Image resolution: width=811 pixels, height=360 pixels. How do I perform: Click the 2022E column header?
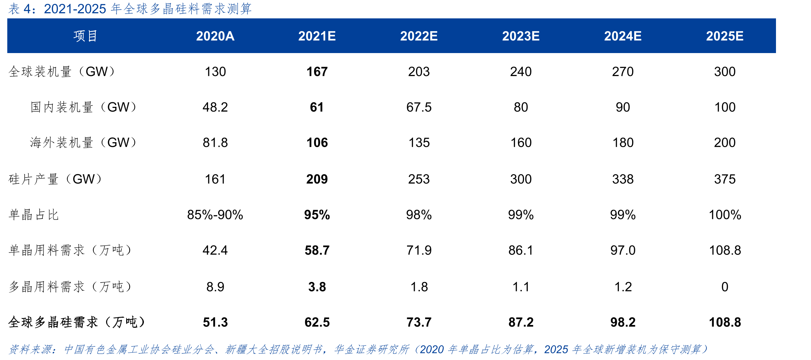tap(419, 36)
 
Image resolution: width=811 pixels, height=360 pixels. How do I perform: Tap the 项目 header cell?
tap(85, 36)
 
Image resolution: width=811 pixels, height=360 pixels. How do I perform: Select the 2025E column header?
tap(725, 36)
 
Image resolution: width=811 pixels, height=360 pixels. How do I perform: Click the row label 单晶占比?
tap(34, 215)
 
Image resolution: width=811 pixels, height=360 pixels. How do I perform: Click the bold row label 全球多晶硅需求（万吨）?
tap(77, 322)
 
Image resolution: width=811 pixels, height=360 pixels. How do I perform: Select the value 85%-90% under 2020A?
tap(215, 215)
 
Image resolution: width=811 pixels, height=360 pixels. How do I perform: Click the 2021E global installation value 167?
tap(317, 72)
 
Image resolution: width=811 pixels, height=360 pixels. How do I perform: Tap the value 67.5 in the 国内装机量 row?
tap(419, 107)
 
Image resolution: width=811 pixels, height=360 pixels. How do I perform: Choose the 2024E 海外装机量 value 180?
tap(623, 143)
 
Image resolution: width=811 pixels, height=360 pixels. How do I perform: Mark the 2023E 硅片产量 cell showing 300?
tap(521, 179)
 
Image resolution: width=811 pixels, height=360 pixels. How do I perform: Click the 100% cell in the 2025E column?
tap(725, 215)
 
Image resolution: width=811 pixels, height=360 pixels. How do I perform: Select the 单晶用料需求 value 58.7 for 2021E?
tap(317, 250)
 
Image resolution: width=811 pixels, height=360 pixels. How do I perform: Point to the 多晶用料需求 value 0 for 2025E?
tap(725, 287)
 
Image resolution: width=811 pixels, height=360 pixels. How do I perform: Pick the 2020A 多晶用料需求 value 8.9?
tap(215, 287)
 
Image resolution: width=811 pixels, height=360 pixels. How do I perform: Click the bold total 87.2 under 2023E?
tap(521, 322)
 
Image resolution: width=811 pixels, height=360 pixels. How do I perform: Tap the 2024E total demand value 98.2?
tap(623, 322)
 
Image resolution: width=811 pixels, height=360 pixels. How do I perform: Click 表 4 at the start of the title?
tap(20, 9)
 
